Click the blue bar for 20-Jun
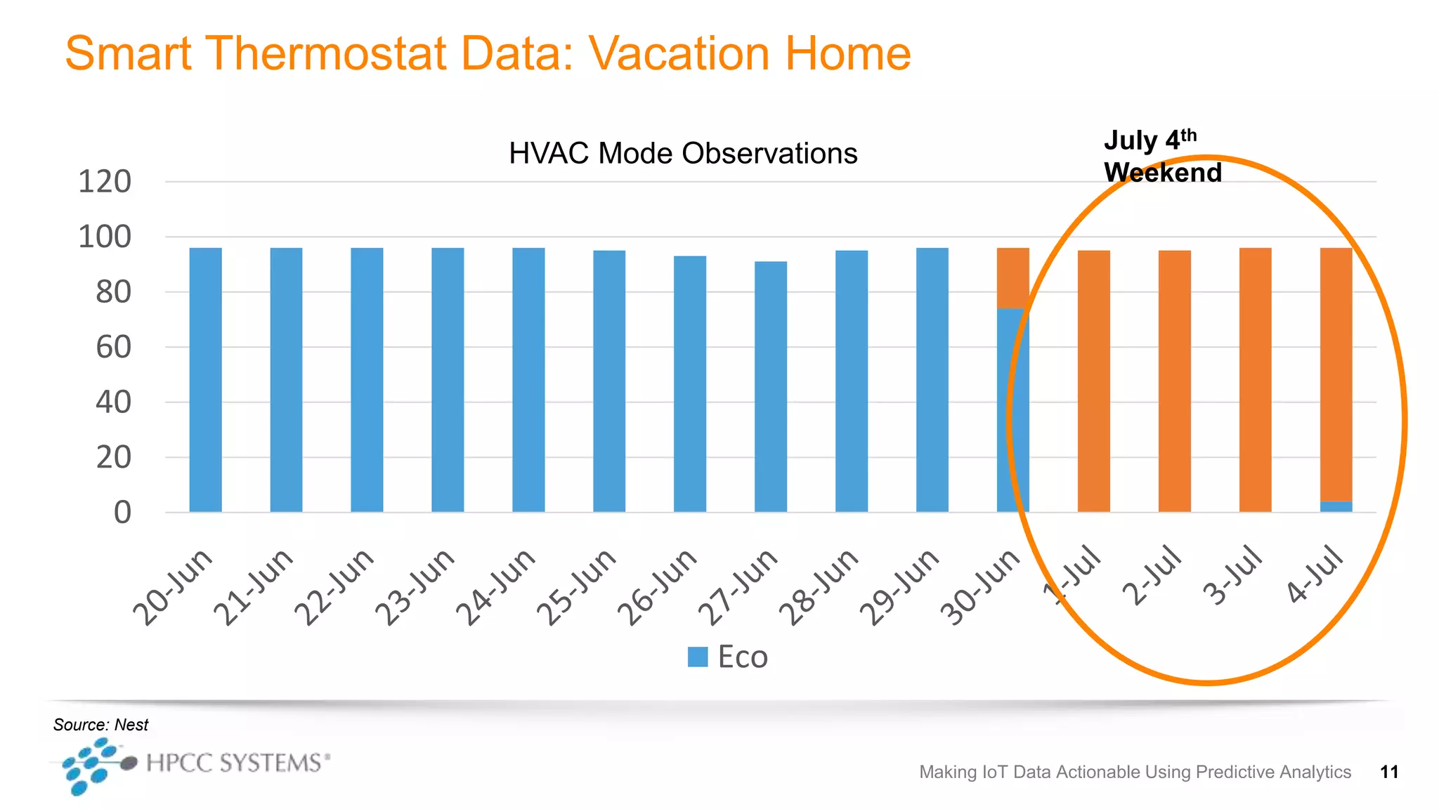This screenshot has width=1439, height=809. point(205,379)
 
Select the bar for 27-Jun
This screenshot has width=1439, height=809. point(771,386)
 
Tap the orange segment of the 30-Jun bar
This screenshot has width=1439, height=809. point(1012,277)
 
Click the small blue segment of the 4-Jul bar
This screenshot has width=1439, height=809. point(1336,506)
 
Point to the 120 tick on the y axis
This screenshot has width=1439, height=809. point(105,182)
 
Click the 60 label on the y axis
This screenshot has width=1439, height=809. point(113,347)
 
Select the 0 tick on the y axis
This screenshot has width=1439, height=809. point(122,513)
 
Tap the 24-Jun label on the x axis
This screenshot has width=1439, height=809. point(496,587)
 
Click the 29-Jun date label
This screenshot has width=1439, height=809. point(900,587)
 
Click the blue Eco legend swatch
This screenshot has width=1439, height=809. point(697,657)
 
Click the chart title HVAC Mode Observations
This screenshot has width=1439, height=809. point(682,153)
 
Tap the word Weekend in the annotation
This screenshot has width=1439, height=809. point(1162,173)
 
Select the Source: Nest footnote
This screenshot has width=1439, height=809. point(100,724)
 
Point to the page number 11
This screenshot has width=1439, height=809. point(1388,772)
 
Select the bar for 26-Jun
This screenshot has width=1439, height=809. point(690,383)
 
